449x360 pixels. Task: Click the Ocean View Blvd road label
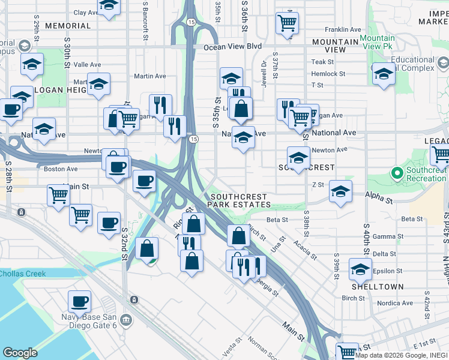[233, 46]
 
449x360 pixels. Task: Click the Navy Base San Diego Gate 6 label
[92, 317]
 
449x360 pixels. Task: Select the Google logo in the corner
[20, 353]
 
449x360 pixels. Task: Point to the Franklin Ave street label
[343, 29]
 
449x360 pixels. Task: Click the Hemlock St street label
[328, 74]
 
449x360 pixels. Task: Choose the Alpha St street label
[378, 195]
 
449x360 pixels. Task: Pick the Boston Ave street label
[61, 169]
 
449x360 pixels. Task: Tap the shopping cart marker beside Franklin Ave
[288, 23]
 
